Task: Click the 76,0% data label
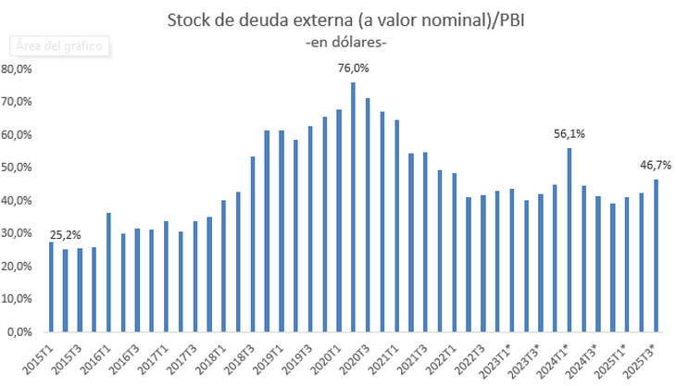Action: [x=353, y=68]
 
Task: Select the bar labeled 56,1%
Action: [x=569, y=240]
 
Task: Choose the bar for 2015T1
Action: [x=51, y=286]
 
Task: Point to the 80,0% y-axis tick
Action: [x=19, y=68]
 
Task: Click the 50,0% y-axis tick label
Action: [x=19, y=168]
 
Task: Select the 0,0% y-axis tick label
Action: [x=21, y=331]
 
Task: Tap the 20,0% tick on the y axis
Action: [x=19, y=266]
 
